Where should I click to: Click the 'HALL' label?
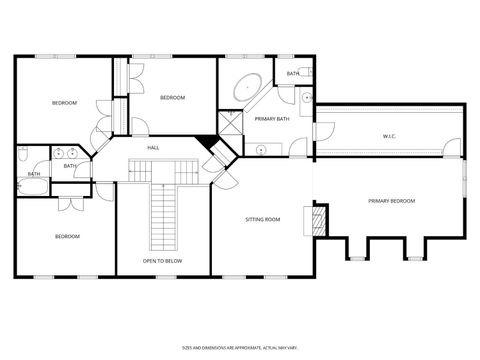[153, 148]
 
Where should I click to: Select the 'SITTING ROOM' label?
[263, 219]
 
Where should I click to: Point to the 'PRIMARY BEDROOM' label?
[391, 201]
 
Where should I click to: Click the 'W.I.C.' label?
[389, 135]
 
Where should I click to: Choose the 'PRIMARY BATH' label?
[271, 119]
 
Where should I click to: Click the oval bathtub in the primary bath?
[247, 86]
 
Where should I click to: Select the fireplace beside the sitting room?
[320, 218]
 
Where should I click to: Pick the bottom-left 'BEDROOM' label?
[67, 236]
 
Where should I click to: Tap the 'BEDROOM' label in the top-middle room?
[172, 97]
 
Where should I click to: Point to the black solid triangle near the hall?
[208, 142]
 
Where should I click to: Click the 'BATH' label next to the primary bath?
[293, 73]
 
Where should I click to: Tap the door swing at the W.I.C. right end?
[455, 151]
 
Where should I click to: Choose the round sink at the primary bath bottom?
[262, 150]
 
